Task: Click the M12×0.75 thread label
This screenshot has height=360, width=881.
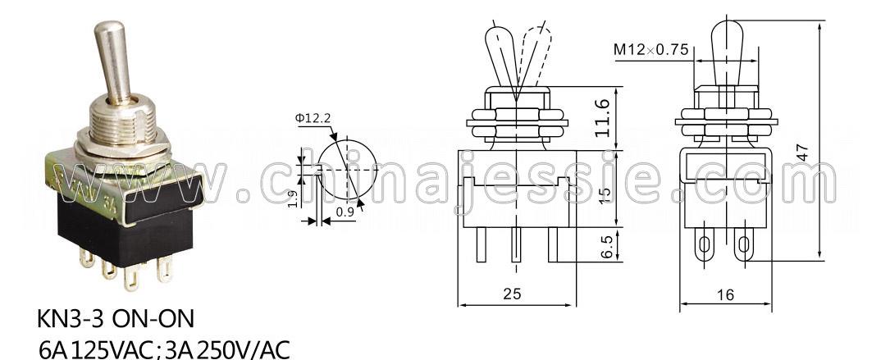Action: click(650, 50)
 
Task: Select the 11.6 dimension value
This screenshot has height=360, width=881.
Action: click(602, 117)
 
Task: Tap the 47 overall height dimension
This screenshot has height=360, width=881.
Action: click(803, 153)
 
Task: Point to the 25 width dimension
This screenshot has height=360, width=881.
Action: click(513, 294)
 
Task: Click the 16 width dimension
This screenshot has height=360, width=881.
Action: click(725, 294)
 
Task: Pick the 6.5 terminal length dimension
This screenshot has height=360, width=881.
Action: click(605, 246)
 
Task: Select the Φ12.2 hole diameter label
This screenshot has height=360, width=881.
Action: click(313, 118)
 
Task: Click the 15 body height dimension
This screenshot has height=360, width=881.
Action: click(605, 195)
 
